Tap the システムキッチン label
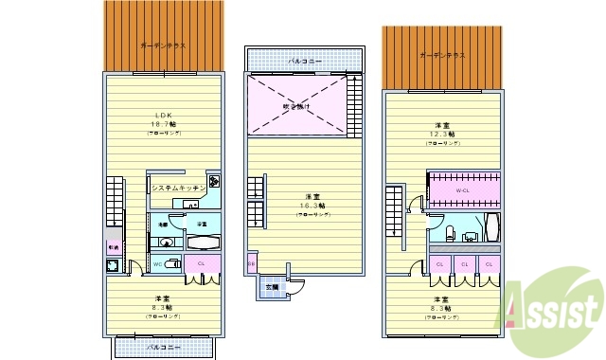click(179, 189)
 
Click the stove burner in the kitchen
click(214, 183)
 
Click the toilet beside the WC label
click(170, 262)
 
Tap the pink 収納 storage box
click(114, 249)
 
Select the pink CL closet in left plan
click(202, 263)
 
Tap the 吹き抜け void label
click(295, 107)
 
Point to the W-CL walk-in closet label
click(463, 190)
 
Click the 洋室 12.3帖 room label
click(442, 132)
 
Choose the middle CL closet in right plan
click(464, 263)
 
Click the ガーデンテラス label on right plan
click(442, 55)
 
